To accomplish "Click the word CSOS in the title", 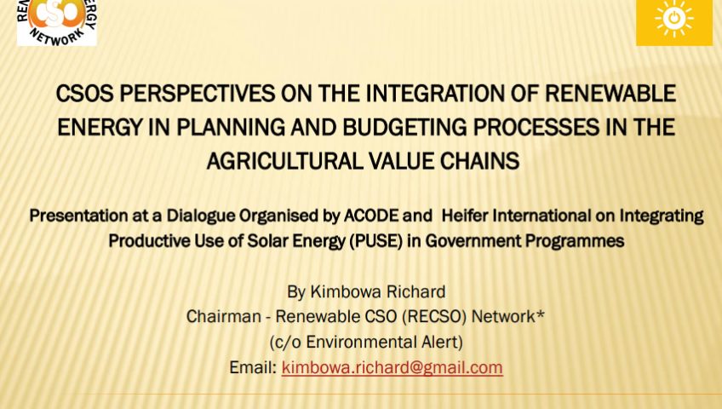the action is (x=84, y=94).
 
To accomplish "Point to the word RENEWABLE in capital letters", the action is (x=610, y=94).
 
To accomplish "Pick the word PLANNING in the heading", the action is (x=231, y=128).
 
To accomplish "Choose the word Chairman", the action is (x=223, y=317).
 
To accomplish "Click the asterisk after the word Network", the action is (x=541, y=314).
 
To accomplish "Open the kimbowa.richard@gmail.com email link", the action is (x=392, y=367).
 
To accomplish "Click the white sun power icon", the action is (x=674, y=19).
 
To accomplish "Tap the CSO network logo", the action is (x=57, y=22).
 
